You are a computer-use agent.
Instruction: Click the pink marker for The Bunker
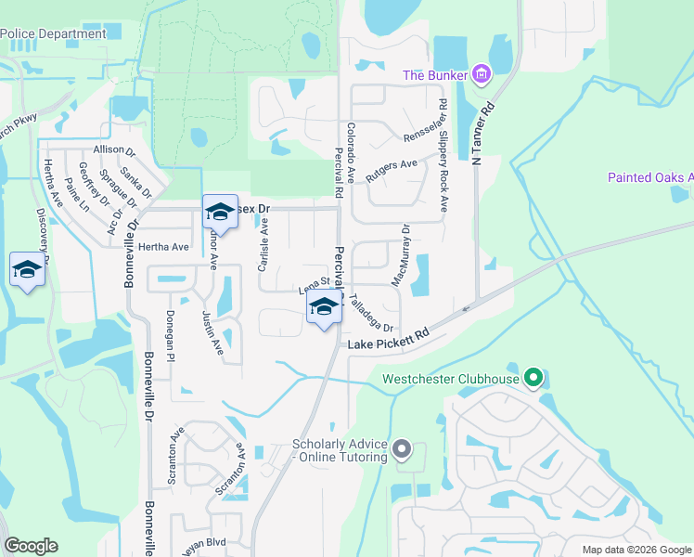coord(481,73)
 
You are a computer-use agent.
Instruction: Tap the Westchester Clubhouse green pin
coord(533,378)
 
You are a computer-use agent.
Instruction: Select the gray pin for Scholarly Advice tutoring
coord(401,450)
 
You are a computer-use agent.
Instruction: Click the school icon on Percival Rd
coord(323,308)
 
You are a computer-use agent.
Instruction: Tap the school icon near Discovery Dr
coord(26,270)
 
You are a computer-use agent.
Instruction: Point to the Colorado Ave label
coord(351,153)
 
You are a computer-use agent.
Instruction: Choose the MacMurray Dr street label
coord(405,253)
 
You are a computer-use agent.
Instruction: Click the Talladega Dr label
coord(372,314)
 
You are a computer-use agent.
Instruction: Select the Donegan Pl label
coord(170,335)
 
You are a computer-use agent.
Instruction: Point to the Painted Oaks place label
coord(650,177)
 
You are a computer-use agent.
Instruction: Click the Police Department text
coord(53,34)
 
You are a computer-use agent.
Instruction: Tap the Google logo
coord(31,546)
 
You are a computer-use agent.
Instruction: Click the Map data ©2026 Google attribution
coord(636,550)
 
